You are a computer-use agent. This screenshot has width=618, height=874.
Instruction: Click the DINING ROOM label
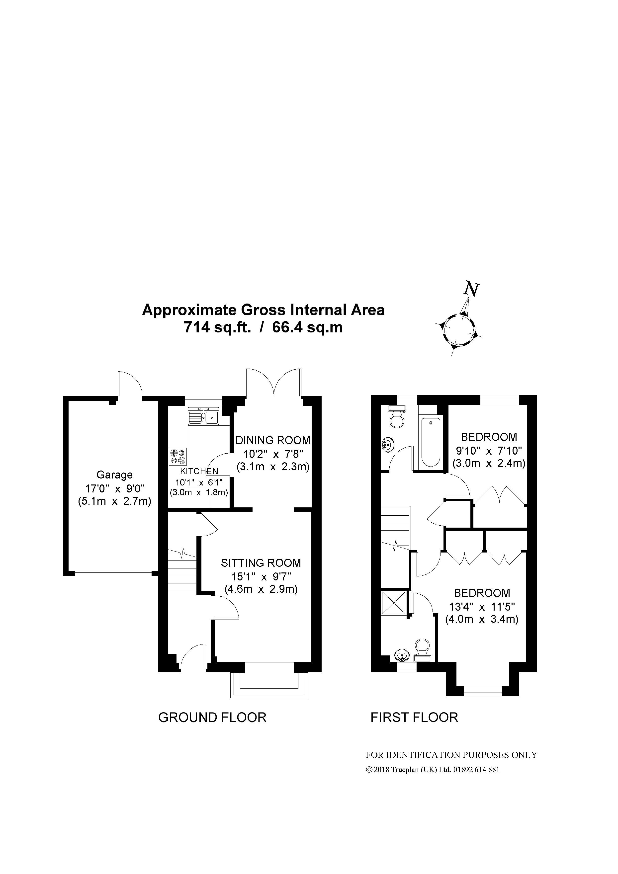coord(273,440)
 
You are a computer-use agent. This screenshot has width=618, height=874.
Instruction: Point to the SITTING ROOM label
coord(261,563)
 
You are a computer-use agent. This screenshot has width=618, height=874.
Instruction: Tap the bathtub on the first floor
coord(431,443)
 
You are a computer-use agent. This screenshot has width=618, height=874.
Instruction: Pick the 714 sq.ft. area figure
coord(217,327)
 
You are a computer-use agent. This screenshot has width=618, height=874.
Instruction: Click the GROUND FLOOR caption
coord(212,717)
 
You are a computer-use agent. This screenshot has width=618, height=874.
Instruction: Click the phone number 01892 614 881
coord(476,770)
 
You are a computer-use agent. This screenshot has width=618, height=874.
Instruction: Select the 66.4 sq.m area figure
coord(307,327)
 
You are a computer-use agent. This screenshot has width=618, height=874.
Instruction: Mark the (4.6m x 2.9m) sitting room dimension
coord(261,589)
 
